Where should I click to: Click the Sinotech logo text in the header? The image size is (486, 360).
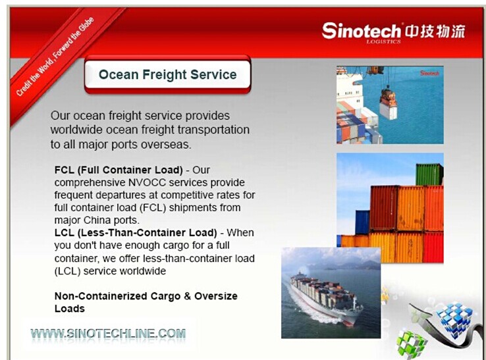pos(362,31)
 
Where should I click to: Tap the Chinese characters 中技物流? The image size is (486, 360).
pos(435,32)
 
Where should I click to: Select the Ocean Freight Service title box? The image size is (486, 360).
pos(167,74)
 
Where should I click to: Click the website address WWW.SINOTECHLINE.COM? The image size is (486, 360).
pos(108,334)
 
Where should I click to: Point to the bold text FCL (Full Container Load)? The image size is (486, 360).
pos(119,170)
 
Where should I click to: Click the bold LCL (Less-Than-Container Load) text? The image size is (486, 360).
pos(136,233)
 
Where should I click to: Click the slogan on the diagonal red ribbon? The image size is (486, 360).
pos(55,57)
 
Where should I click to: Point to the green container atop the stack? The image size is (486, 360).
pos(429,174)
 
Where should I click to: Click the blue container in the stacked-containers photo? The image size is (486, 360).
pos(362,222)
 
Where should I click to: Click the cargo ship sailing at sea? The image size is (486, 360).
pos(326,297)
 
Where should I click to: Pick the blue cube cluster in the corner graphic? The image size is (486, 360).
pos(455,318)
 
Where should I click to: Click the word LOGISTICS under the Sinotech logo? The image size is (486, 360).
pos(383,42)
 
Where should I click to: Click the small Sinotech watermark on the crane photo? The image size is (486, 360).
pos(429,73)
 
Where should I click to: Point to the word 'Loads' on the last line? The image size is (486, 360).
pos(69,309)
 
